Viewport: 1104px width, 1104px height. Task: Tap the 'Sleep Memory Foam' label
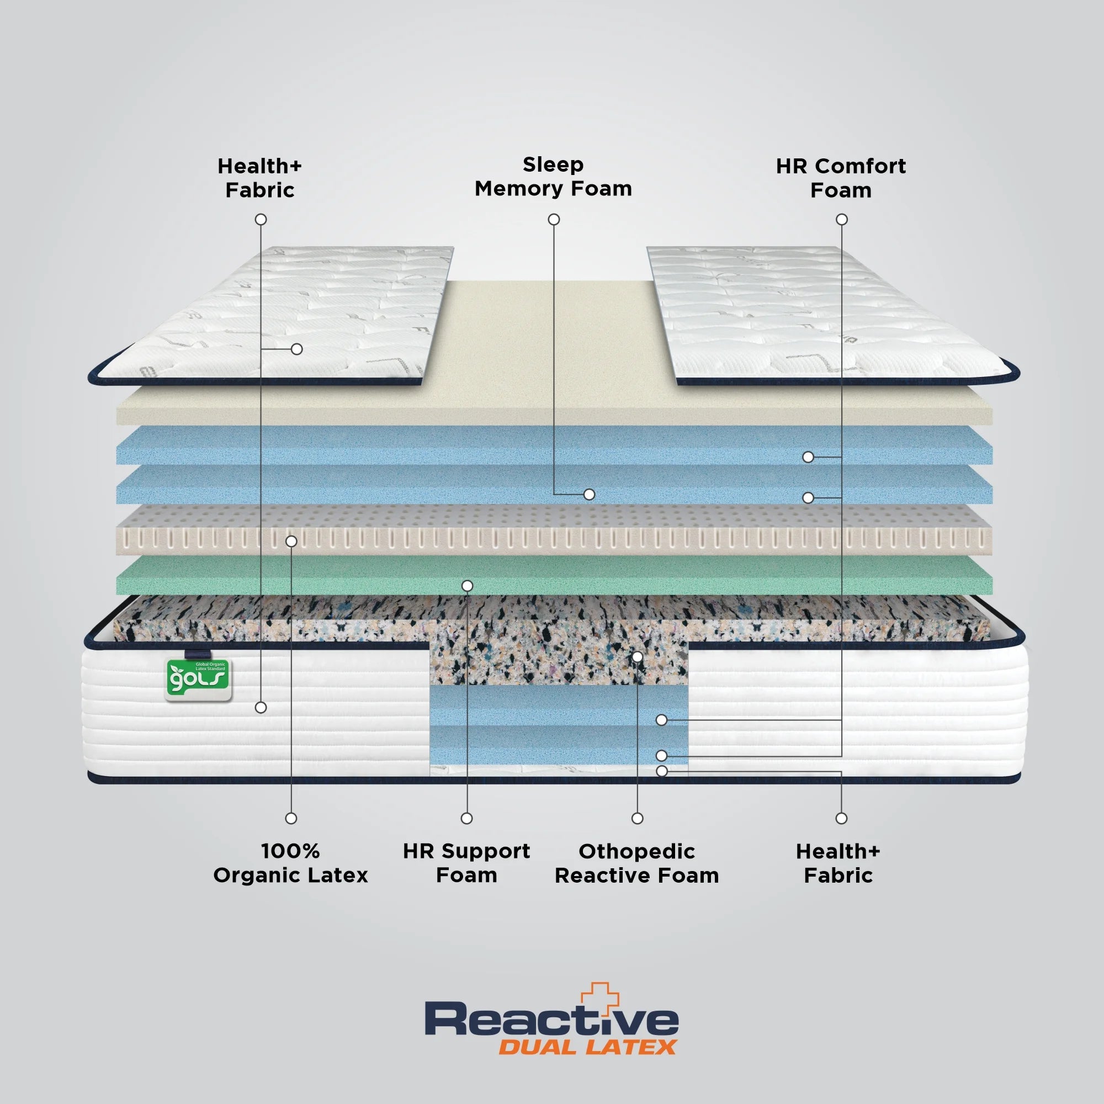point(553,177)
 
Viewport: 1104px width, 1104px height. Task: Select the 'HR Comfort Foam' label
point(841,178)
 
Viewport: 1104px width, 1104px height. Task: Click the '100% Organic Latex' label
point(290,863)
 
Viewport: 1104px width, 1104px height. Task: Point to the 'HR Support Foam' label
point(466,863)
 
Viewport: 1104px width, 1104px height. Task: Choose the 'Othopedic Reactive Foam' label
point(636,863)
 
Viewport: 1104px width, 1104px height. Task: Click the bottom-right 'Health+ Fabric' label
point(838,863)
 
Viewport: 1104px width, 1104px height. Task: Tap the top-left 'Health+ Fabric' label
point(259,178)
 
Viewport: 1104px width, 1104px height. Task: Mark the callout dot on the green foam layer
point(468,586)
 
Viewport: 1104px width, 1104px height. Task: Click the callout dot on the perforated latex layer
point(291,540)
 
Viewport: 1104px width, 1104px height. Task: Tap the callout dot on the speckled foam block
point(638,656)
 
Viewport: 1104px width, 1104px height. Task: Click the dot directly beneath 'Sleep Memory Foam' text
point(554,220)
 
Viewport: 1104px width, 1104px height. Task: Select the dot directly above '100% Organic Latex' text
point(291,818)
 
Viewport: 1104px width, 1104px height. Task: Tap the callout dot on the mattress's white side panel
point(261,708)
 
